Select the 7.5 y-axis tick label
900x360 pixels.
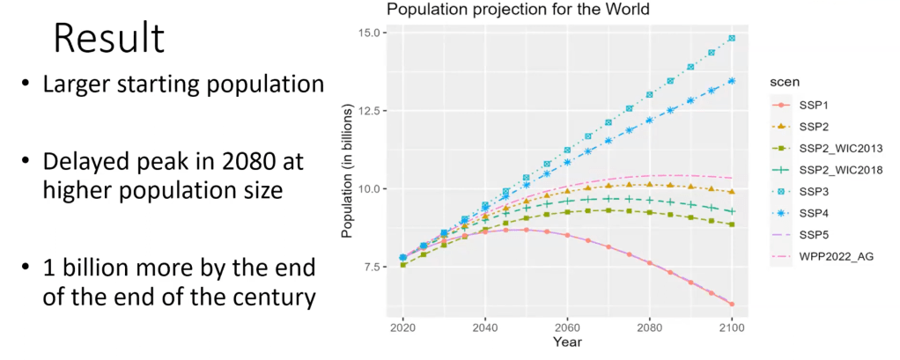(x=372, y=267)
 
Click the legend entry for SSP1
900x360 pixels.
(x=818, y=105)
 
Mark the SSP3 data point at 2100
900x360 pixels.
(x=732, y=38)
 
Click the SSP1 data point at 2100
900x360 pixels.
(x=732, y=305)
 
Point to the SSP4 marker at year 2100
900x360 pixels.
(x=732, y=81)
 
